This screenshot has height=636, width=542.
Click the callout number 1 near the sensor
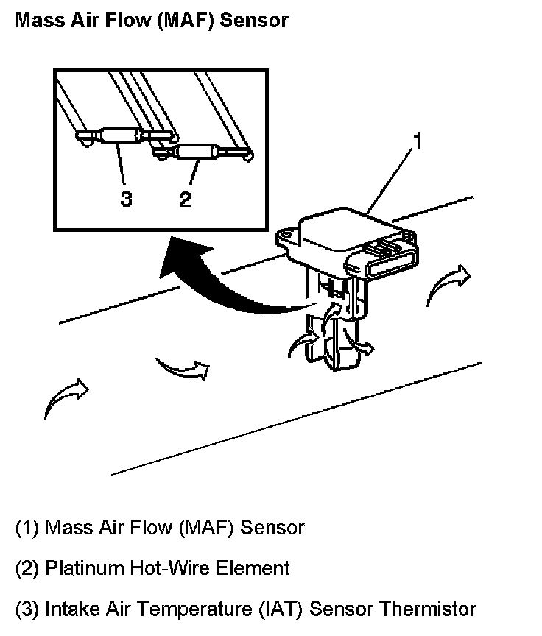(x=417, y=142)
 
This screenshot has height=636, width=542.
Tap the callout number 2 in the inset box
(x=184, y=199)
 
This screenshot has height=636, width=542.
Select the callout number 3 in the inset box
(x=127, y=199)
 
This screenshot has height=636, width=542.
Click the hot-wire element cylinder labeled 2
(x=194, y=153)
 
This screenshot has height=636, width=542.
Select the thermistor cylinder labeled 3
(x=119, y=135)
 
